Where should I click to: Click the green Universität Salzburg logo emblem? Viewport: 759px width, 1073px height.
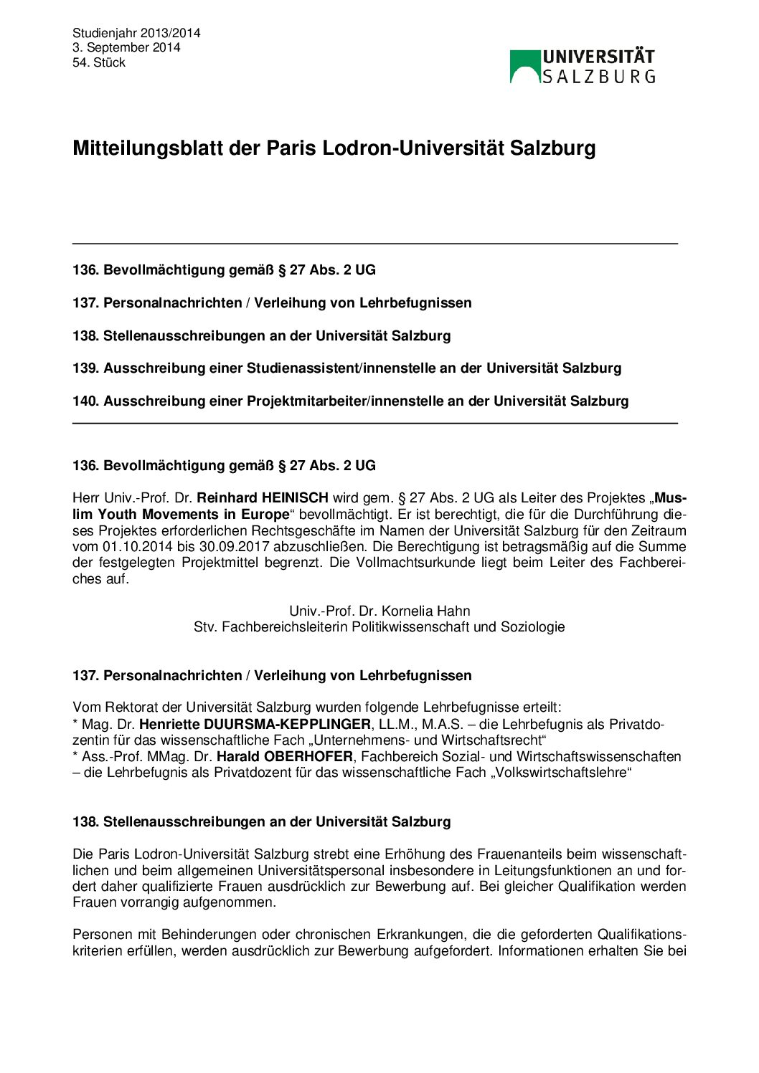point(525,67)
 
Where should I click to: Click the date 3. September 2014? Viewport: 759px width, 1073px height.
point(126,47)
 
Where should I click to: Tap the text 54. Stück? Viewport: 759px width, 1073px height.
point(99,62)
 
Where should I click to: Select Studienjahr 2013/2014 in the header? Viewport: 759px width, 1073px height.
point(136,33)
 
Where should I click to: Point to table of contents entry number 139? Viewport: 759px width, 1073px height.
point(346,368)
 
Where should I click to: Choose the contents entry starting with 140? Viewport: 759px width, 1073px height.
point(350,401)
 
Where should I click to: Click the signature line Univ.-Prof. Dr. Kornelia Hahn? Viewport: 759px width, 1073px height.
point(379,611)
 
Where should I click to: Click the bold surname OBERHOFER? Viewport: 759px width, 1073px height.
point(308,757)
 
